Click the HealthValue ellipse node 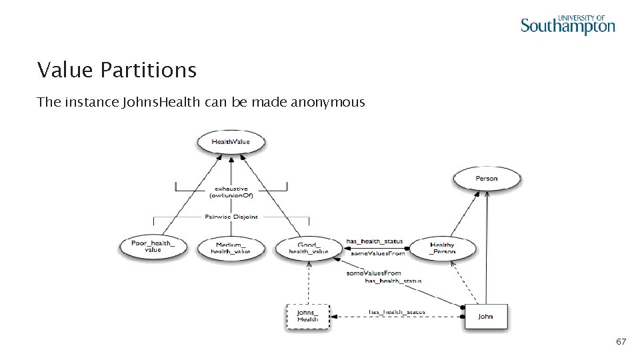pos(230,142)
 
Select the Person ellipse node pos(486,179)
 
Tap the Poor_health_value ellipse pos(153,247)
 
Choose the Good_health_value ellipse pos(309,247)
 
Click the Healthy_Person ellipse pos(442,249)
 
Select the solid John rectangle pos(485,316)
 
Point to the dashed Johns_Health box pos(307,316)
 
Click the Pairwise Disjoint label pos(231,217)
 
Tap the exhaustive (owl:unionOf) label pos(231,193)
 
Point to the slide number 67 pos(621,342)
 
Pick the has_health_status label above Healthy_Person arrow pos(374,241)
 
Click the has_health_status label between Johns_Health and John pos(397,311)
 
